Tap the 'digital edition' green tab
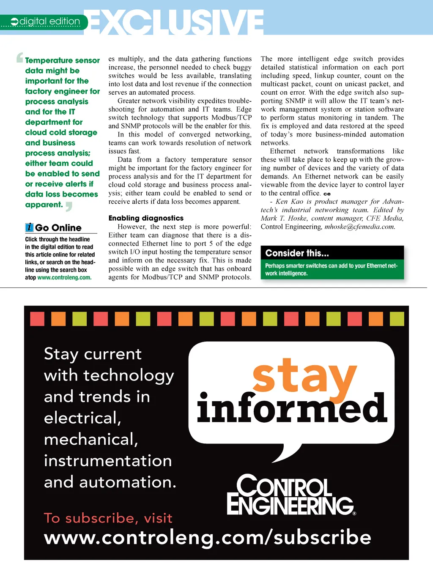44,22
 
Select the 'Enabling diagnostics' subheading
146,218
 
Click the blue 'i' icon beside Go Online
29,227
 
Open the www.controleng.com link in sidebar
64,278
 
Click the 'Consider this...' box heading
297,253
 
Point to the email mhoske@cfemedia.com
359,227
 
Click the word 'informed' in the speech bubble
292,408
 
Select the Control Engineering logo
290,495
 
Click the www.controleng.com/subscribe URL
207,538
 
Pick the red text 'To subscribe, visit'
108,518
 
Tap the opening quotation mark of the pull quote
19,57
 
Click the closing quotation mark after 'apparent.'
69,206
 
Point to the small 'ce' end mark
327,194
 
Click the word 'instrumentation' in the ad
108,461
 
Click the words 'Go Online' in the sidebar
58,228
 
